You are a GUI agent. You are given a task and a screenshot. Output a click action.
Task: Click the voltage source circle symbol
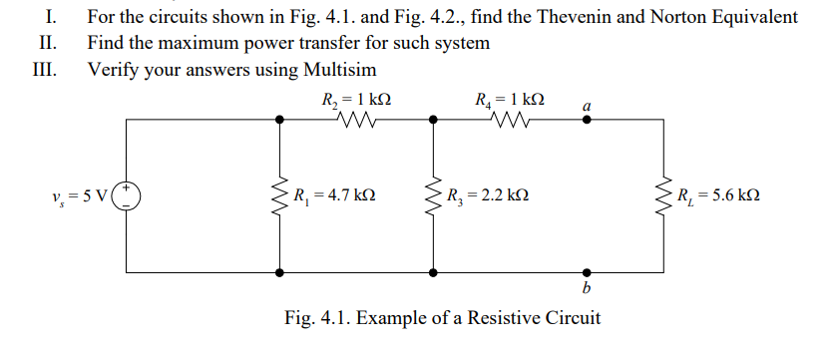(128, 194)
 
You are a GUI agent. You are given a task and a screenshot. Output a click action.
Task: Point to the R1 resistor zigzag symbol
(280, 194)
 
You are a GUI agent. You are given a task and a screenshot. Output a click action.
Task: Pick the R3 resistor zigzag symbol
(433, 194)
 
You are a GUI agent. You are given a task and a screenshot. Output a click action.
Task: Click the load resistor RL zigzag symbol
(662, 194)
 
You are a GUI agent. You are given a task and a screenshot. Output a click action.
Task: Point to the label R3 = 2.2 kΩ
(488, 194)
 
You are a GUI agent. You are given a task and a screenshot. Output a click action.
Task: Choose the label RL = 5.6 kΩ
(718, 194)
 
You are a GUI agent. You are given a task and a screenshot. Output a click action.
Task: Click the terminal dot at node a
(586, 120)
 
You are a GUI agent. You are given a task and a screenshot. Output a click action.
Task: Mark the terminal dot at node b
(586, 270)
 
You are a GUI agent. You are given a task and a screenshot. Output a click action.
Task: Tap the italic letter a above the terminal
(587, 105)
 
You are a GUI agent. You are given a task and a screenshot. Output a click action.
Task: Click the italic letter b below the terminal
(586, 289)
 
